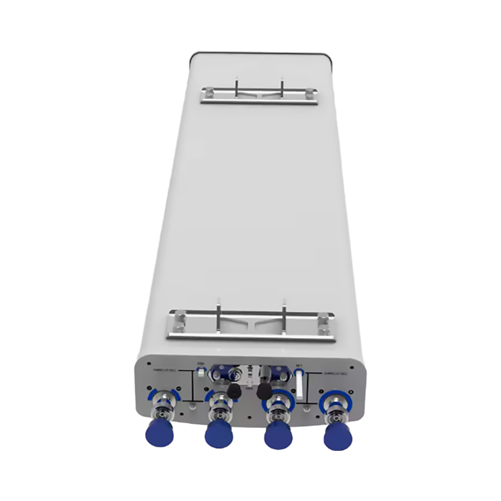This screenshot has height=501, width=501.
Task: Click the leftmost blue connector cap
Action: [159, 433]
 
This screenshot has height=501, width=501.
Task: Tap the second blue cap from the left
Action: [219, 434]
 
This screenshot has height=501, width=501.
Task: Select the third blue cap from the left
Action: [279, 434]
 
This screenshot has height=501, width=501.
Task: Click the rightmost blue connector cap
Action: [338, 436]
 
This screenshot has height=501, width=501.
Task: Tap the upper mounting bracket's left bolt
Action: [207, 92]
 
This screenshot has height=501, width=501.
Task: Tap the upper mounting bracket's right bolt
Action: [310, 93]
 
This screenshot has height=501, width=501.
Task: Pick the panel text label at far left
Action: [166, 371]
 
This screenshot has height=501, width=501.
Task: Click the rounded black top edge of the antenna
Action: [261, 53]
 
